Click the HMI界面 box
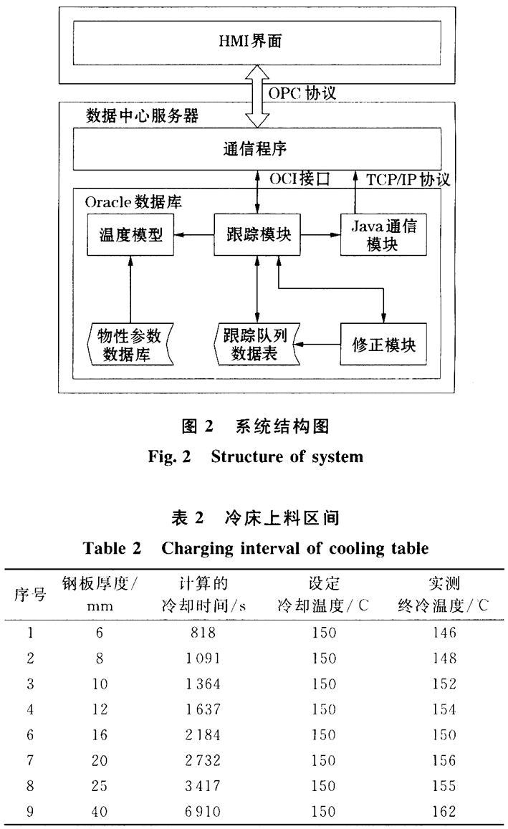pos(256,42)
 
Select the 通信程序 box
pos(256,149)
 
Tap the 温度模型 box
pos(130,234)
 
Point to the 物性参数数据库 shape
pos(129,345)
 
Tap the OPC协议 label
pos(302,93)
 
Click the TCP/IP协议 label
pos(408,179)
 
